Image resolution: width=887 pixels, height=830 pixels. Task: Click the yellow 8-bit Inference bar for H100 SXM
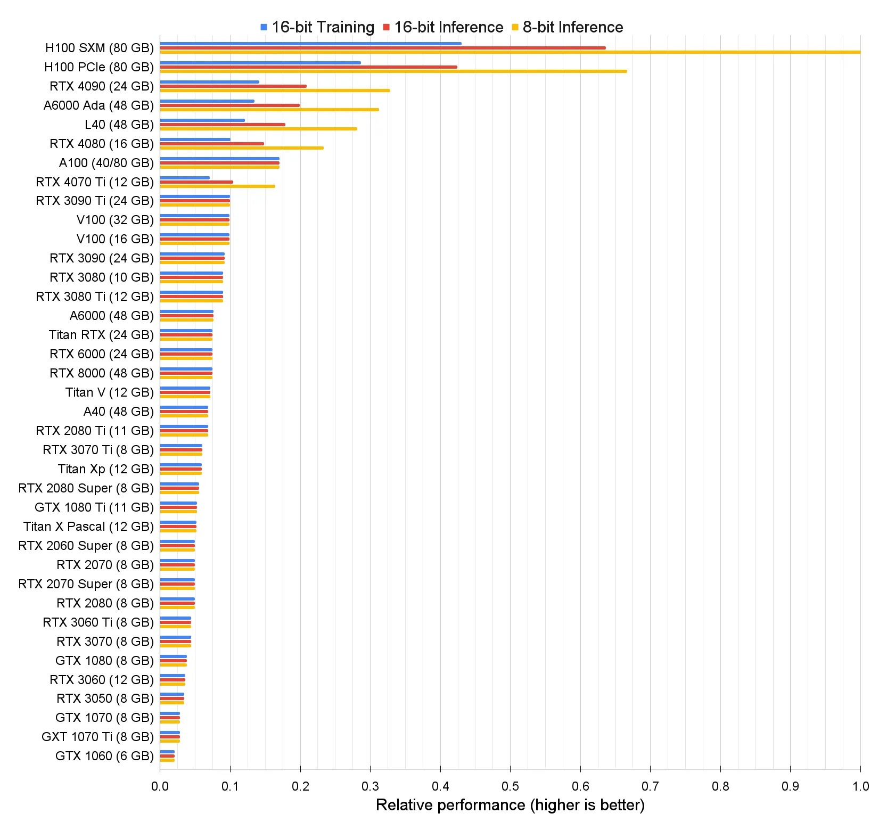[x=510, y=52]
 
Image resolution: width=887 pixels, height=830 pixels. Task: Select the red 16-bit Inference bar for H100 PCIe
[x=308, y=67]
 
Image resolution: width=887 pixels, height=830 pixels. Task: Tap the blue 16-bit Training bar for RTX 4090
[x=209, y=82]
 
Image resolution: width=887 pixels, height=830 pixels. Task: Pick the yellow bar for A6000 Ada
[x=269, y=110]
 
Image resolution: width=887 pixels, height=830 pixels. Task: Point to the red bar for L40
[x=223, y=125]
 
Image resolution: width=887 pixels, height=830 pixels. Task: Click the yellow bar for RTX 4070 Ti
[x=217, y=186]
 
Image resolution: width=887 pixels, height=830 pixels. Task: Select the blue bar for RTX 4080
[x=195, y=139]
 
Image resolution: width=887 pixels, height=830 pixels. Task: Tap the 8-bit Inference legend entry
[x=568, y=27]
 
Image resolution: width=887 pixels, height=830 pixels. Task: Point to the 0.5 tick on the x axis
[x=510, y=786]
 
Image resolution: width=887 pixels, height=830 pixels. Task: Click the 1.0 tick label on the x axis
[x=860, y=786]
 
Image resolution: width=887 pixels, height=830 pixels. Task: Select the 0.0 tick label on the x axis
[x=160, y=786]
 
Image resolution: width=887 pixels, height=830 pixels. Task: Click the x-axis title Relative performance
[x=510, y=805]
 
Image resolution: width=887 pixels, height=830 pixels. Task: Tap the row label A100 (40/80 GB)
[x=106, y=163]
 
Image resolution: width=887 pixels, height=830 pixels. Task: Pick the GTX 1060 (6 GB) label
[x=104, y=756]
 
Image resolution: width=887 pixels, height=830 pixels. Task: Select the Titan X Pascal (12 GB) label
[x=88, y=527]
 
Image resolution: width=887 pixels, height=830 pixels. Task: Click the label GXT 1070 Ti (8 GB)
[x=97, y=737]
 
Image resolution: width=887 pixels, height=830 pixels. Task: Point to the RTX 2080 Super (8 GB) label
[x=86, y=488]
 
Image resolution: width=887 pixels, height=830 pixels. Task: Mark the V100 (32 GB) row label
[x=115, y=220]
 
